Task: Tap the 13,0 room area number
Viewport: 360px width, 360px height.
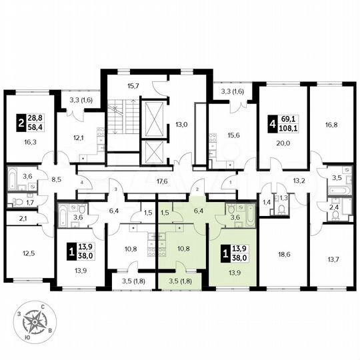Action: [182, 123]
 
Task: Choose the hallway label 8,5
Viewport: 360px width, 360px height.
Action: [57, 179]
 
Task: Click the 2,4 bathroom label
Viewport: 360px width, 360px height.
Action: [334, 207]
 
